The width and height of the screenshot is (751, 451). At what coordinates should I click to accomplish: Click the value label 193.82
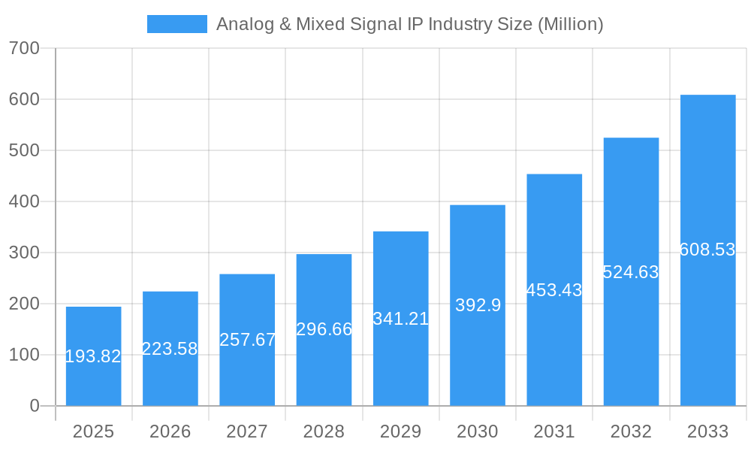point(93,356)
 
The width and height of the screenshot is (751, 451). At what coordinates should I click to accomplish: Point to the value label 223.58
point(170,349)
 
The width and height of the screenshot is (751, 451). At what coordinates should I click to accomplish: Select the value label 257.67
point(247,340)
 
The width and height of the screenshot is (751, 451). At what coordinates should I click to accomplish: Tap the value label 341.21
point(401,319)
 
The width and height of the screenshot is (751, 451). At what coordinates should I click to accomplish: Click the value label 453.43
point(554,290)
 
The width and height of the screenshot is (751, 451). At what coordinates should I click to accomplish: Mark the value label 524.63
point(631,272)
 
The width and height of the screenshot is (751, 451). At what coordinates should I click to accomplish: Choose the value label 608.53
point(707,250)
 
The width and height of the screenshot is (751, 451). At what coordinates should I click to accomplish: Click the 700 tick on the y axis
point(24,48)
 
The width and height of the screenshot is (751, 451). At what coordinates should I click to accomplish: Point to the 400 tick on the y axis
point(24,201)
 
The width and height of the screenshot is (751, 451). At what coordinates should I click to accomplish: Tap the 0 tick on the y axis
point(34,406)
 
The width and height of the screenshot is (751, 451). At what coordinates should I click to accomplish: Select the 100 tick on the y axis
point(24,355)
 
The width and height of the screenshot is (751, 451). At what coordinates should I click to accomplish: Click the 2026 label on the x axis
point(170,431)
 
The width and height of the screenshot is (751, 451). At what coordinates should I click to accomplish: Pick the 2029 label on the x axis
point(401,431)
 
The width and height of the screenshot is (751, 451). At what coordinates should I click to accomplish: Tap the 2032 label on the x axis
point(631,431)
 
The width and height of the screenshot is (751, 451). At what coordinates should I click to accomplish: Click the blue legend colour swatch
point(176,24)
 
